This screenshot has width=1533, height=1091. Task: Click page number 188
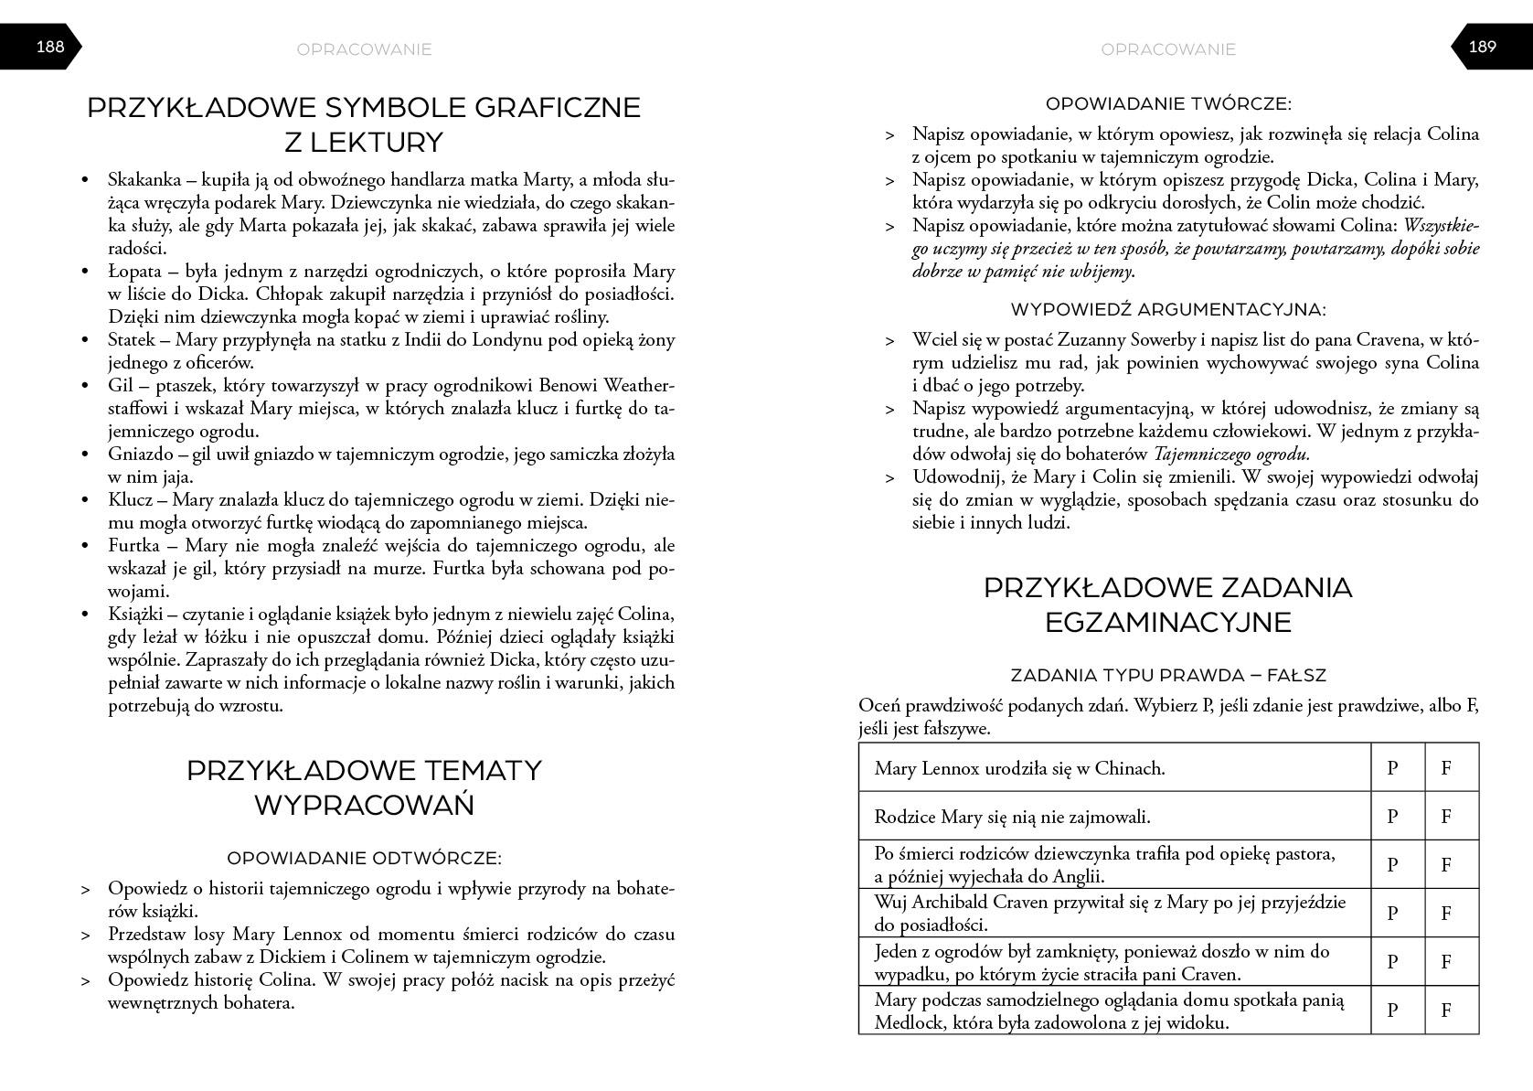click(x=49, y=47)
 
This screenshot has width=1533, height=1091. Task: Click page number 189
click(x=1482, y=47)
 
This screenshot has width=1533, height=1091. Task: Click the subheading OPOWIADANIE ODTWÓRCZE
click(x=364, y=859)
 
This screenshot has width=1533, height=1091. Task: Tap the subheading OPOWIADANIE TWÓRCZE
click(x=1168, y=104)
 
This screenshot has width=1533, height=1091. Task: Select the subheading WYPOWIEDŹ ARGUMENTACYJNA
click(x=1168, y=310)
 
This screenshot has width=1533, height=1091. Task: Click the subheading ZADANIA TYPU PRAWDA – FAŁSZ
click(x=1168, y=676)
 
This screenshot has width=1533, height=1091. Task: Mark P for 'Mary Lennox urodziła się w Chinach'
click(x=1393, y=768)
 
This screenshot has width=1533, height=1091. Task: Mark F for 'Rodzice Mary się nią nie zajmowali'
click(x=1446, y=817)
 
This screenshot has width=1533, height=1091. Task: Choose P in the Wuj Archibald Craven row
click(x=1393, y=913)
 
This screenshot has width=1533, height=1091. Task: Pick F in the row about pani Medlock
click(x=1446, y=1011)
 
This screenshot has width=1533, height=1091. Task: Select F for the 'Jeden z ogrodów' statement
click(x=1446, y=961)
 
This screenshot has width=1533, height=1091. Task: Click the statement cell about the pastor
click(x=1112, y=864)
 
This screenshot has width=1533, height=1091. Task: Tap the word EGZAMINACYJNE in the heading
click(x=1167, y=623)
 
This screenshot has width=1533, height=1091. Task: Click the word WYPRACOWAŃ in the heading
click(x=364, y=806)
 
